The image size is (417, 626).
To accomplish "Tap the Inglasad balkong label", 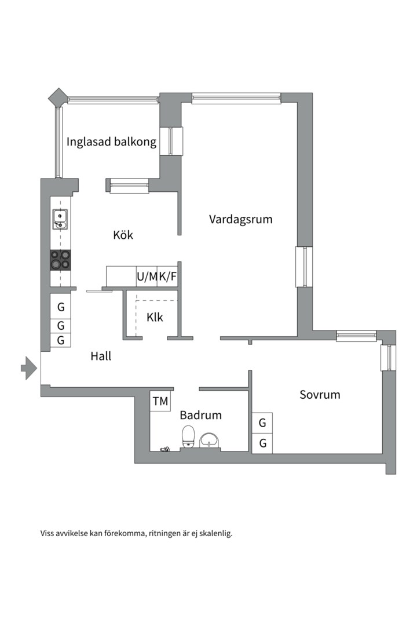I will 111,142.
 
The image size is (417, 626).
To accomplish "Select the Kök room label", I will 123,235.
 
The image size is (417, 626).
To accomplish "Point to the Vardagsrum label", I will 240,220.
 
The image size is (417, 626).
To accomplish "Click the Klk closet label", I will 155,318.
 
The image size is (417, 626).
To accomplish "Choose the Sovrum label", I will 320,395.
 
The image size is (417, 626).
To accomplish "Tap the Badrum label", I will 200,415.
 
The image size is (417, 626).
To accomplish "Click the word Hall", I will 101,356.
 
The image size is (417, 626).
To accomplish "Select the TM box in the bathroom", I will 160,401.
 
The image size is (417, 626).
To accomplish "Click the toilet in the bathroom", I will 188,436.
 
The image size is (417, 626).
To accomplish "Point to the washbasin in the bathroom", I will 210,440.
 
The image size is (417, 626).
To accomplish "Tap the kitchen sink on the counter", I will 60,219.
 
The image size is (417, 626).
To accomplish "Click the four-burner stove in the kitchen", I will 60,260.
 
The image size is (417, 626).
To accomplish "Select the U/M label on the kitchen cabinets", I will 147,276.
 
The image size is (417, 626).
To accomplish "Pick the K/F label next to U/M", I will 168,276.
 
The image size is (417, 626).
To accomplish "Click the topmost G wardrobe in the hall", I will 61,307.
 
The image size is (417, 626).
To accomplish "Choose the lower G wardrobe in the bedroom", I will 262,444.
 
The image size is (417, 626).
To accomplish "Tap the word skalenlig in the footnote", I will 215,533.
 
